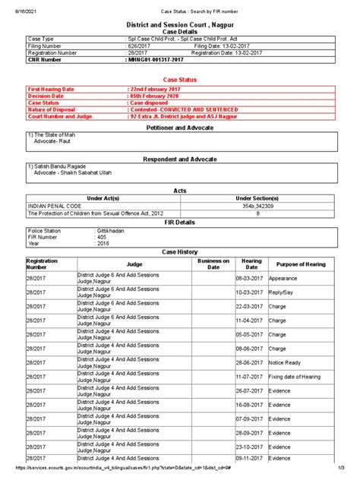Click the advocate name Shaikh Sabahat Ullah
(83, 172)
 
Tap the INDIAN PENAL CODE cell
(55, 206)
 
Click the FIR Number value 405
(102, 236)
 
